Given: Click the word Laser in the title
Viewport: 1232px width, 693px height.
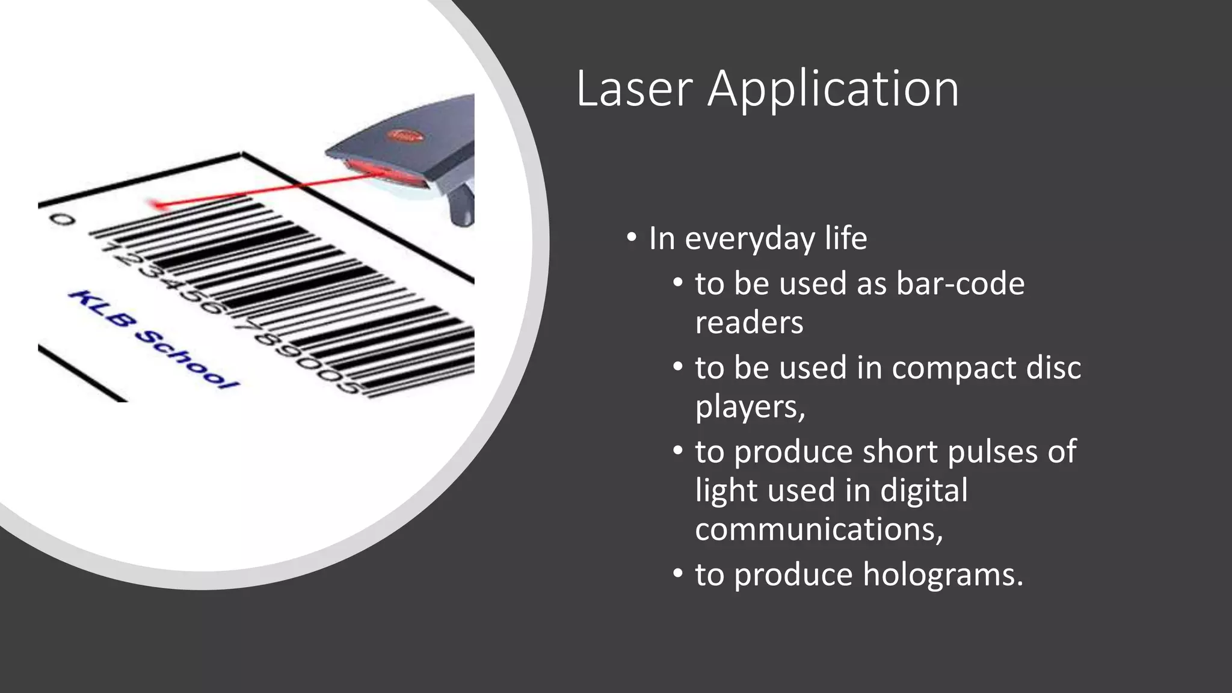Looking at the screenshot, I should pos(634,89).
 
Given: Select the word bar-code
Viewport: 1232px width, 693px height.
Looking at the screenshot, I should pos(960,283).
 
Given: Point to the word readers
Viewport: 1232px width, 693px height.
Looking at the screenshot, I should pos(749,322).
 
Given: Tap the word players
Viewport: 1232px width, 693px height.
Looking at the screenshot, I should pos(750,407).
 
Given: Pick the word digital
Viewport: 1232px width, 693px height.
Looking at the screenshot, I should pos(924,490).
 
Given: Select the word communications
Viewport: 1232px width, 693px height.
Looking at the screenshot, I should pos(818,529).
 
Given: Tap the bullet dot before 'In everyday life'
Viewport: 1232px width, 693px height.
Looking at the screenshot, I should pos(631,238).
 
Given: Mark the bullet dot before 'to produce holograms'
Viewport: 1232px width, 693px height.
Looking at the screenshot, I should pos(678,574).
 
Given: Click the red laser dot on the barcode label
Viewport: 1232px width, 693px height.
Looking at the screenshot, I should pos(159,206).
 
